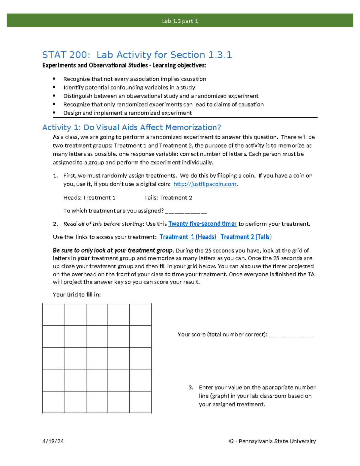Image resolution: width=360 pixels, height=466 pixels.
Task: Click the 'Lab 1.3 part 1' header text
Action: click(x=180, y=21)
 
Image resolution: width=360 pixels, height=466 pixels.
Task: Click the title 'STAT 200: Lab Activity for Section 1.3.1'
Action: click(x=137, y=55)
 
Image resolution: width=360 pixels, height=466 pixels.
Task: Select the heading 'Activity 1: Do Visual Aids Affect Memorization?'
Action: click(x=131, y=128)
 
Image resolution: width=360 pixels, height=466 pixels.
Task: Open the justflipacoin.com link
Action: click(x=205, y=184)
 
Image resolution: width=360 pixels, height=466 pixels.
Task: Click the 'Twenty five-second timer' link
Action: click(x=202, y=224)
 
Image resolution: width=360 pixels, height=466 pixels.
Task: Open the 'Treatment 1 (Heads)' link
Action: click(x=188, y=237)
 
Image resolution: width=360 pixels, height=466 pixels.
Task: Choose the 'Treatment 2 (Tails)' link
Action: click(x=246, y=237)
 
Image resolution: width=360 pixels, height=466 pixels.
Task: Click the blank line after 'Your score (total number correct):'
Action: click(x=291, y=335)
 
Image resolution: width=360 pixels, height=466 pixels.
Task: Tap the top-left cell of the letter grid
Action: click(x=53, y=315)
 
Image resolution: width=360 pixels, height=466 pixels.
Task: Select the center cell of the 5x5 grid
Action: click(x=97, y=358)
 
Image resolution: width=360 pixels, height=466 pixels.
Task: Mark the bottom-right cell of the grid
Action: click(x=140, y=402)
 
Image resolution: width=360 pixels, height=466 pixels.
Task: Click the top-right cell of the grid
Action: click(x=140, y=315)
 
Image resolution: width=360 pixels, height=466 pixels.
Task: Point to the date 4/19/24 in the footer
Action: click(x=53, y=441)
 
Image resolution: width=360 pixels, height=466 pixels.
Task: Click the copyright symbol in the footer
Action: click(x=231, y=441)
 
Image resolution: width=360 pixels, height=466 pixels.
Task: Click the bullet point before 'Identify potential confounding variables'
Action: click(x=54, y=87)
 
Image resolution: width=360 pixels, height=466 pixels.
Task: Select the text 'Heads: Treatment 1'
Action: click(x=89, y=198)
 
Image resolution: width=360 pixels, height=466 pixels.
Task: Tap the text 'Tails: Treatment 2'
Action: click(x=168, y=198)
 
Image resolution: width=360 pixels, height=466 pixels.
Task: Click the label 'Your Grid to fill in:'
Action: click(x=77, y=295)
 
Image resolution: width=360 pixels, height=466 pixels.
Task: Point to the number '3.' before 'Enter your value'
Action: click(x=191, y=387)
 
